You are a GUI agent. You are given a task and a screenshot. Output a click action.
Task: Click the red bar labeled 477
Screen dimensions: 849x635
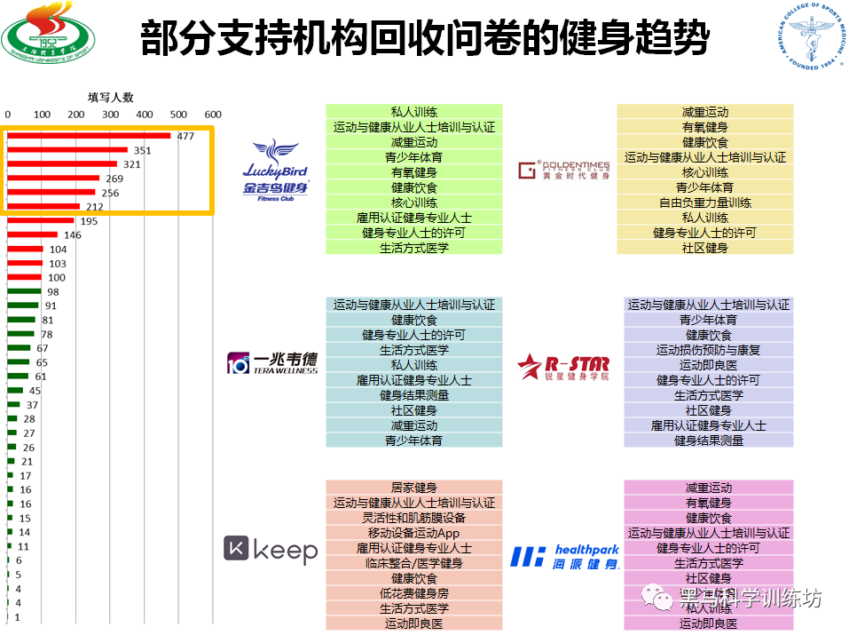click(x=89, y=136)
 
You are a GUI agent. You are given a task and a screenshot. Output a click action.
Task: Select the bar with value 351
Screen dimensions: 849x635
click(x=67, y=150)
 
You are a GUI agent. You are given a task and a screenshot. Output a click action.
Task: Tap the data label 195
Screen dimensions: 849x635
click(x=89, y=221)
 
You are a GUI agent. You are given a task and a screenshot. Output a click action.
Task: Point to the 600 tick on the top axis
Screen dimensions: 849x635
click(x=213, y=115)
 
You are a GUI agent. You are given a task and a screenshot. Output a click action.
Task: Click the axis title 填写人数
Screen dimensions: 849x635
click(x=110, y=98)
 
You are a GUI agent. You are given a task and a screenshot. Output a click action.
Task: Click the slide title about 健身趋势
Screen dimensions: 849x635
click(x=425, y=38)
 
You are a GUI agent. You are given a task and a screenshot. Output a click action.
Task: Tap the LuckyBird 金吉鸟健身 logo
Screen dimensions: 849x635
click(x=276, y=169)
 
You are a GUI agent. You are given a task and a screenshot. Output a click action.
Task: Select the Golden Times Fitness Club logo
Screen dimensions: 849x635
click(x=564, y=170)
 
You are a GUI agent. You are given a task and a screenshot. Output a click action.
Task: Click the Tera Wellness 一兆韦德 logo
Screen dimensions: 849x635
click(x=272, y=362)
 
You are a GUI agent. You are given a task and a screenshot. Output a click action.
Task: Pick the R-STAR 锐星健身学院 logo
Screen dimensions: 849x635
click(x=564, y=364)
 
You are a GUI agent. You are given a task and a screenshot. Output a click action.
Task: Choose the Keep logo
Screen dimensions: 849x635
click(x=271, y=550)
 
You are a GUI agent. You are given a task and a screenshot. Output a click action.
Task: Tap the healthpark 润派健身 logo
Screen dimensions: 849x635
click(x=564, y=556)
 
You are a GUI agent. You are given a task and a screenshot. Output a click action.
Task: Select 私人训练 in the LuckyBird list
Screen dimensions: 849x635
click(x=413, y=112)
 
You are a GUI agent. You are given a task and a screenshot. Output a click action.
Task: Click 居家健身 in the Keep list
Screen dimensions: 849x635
click(x=413, y=488)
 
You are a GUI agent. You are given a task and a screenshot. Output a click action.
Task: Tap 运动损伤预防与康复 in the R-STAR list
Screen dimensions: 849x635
click(x=708, y=350)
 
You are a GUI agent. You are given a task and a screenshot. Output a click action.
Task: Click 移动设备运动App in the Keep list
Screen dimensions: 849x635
click(x=413, y=533)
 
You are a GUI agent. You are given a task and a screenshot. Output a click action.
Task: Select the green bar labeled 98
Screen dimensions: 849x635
click(x=24, y=291)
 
